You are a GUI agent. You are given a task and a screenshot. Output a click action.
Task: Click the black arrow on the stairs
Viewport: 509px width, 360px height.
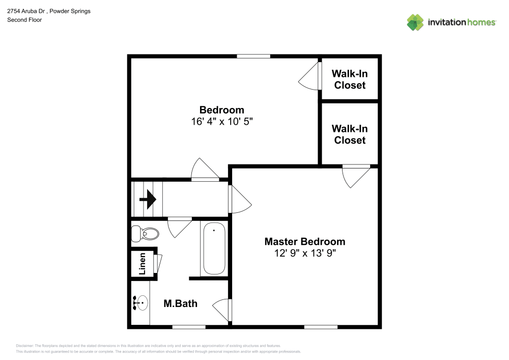coord(148,199)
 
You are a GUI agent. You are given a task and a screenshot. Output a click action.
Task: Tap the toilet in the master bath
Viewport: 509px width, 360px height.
coord(145,233)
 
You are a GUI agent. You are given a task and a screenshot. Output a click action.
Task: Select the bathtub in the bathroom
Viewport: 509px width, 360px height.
coord(214,248)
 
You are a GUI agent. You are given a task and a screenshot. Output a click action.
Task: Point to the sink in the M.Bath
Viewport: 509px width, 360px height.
coord(141,303)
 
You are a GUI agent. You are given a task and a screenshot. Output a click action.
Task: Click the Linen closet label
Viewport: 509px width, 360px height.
coord(142,264)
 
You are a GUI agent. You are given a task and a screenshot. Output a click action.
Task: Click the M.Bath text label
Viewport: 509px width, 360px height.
coord(181,303)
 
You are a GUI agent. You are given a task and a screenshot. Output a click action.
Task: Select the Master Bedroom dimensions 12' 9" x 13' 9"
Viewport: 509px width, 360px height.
coord(305,253)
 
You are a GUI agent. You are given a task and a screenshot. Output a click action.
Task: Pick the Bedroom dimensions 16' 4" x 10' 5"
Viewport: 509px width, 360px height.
coord(222,121)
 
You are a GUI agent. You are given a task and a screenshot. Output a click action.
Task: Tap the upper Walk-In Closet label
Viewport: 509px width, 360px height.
coord(350,79)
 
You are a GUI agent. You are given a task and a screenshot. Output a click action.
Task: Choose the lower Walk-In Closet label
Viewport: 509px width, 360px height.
coord(350,134)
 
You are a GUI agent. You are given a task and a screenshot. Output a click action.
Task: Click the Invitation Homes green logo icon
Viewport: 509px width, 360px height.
coord(415,22)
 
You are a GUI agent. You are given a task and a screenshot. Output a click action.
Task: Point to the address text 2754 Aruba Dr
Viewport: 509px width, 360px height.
coord(26,11)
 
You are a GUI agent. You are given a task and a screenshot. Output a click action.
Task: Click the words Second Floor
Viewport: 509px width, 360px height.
coord(24,20)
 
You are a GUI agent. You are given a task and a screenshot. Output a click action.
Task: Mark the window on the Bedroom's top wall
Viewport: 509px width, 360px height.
coord(253,57)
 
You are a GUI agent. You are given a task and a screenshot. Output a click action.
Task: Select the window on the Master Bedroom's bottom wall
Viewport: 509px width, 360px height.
coord(321,327)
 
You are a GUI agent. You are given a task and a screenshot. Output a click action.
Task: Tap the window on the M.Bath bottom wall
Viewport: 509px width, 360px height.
coord(189,327)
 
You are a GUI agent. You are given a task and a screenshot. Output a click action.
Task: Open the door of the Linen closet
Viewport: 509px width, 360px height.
coord(158,263)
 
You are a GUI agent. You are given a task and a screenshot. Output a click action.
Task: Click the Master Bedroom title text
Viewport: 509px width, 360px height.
coord(305,241)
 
